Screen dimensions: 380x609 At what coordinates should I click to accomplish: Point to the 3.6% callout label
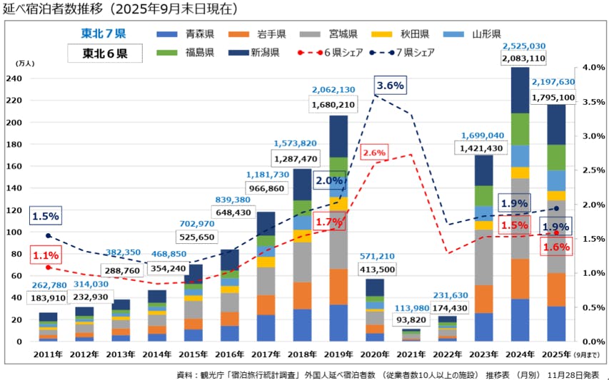point(390,85)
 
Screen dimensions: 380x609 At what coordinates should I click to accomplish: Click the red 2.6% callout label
point(373,153)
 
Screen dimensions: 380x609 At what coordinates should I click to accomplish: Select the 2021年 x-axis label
point(412,354)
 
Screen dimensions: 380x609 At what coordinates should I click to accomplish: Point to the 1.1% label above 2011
point(44,254)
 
